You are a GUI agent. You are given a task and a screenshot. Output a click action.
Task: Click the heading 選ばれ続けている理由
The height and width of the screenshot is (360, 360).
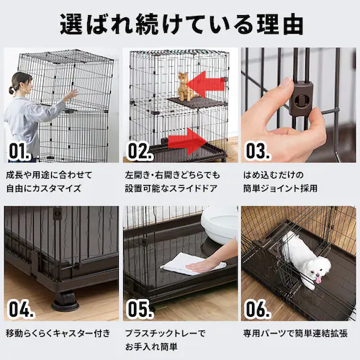point(181,25)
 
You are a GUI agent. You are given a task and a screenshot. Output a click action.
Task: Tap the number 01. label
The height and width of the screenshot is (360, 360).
point(19,151)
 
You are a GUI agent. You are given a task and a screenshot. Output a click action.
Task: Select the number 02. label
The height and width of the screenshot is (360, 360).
point(140,151)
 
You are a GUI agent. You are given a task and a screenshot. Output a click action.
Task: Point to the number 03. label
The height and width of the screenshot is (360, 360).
point(258,151)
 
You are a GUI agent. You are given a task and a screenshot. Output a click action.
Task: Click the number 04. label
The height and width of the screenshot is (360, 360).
point(21,309)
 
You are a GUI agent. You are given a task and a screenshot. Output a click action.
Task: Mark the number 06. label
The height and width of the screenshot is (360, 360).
point(258,309)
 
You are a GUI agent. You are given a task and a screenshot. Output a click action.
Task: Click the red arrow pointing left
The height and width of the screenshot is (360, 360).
point(204,84)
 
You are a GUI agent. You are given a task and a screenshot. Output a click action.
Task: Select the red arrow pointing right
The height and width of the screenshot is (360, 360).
point(187,142)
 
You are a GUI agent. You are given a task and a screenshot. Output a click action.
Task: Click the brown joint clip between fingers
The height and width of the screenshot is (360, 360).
point(301,98)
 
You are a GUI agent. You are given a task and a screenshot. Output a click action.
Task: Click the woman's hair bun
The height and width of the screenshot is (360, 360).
point(12,91)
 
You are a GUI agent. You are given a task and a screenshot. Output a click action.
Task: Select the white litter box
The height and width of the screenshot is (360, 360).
point(219,225)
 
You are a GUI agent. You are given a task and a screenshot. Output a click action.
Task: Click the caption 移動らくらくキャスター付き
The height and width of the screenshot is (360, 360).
point(58,333)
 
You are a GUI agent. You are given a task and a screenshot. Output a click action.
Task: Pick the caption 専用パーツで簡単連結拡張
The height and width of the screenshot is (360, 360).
point(295,333)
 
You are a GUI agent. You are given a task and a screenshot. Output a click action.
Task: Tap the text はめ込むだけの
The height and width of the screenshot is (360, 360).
point(274,175)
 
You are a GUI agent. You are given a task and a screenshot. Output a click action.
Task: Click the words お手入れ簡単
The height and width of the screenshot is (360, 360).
point(151,346)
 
